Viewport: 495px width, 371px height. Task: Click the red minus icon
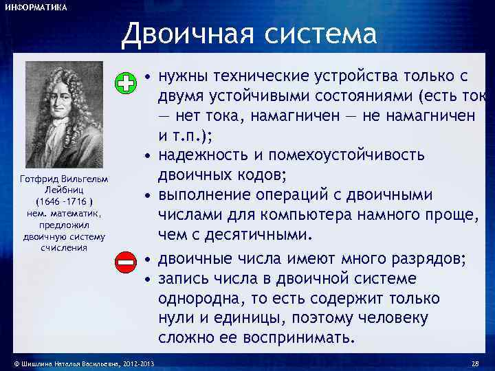pyautogui.click(x=125, y=261)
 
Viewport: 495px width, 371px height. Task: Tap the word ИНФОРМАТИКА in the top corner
pyautogui.click(x=36, y=8)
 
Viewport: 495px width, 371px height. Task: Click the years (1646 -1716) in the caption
pyautogui.click(x=64, y=201)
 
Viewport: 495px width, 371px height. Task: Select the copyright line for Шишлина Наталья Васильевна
pyautogui.click(x=80, y=363)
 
